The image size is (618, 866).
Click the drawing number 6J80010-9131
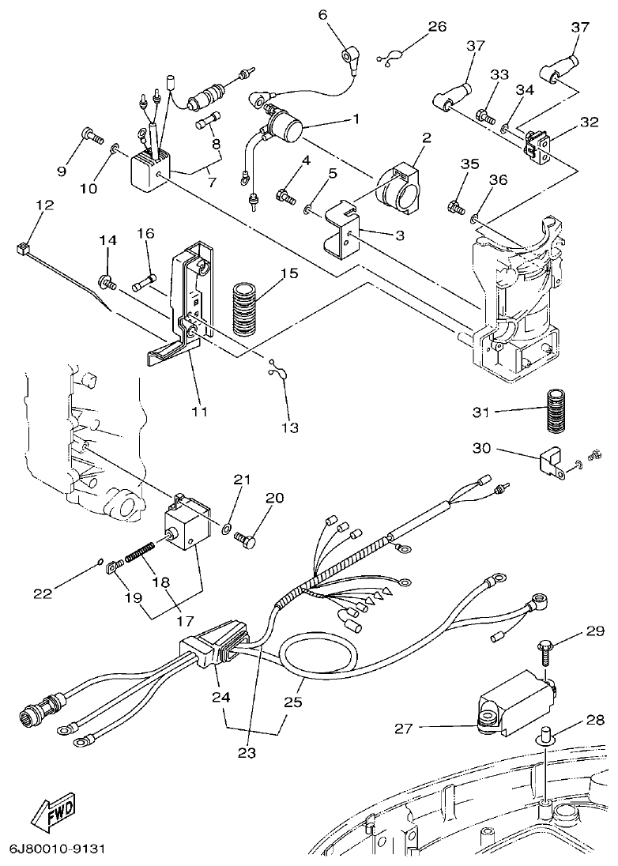click(57, 849)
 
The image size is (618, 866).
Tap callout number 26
click(437, 26)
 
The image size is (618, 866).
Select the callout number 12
click(44, 205)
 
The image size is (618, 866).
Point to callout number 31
click(482, 412)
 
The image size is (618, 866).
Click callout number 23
click(247, 753)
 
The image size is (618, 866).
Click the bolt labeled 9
click(92, 137)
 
